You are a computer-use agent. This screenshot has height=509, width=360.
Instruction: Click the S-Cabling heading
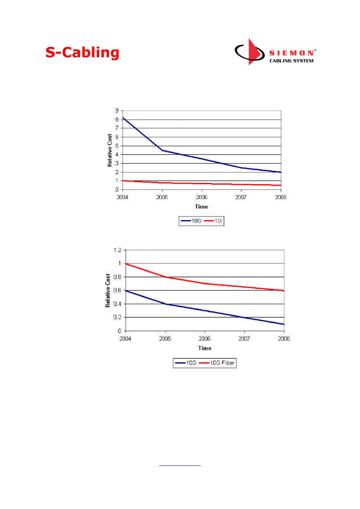point(82,52)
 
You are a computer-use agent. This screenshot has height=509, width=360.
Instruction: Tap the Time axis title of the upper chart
point(201,207)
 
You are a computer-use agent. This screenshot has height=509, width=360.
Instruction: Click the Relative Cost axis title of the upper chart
point(110,150)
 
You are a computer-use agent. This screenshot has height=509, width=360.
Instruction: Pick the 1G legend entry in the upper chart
point(216,221)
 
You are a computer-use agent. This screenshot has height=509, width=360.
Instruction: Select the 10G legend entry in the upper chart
point(192,221)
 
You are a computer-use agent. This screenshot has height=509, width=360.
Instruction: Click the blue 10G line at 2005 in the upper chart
point(162,150)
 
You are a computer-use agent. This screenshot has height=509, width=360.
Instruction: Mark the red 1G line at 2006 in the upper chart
point(202,183)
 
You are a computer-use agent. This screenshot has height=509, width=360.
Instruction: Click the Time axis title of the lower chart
point(204,348)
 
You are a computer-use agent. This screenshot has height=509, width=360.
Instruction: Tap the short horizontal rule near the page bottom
point(180,466)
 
